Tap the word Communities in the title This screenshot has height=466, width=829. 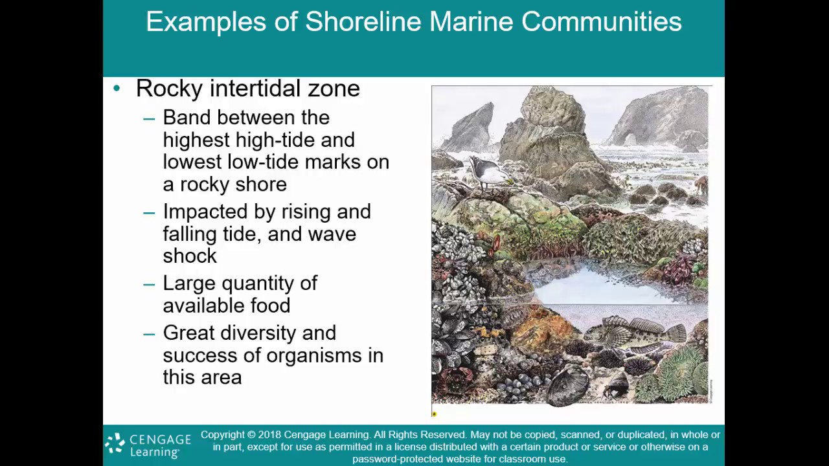tap(601, 22)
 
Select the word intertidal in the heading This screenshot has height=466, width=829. tap(253, 89)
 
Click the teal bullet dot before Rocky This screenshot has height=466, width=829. tap(117, 88)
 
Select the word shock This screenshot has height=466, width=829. tap(190, 256)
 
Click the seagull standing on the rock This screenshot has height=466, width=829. tap(488, 172)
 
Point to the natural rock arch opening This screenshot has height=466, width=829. tap(630, 139)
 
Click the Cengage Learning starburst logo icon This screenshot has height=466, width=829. tap(115, 443)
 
